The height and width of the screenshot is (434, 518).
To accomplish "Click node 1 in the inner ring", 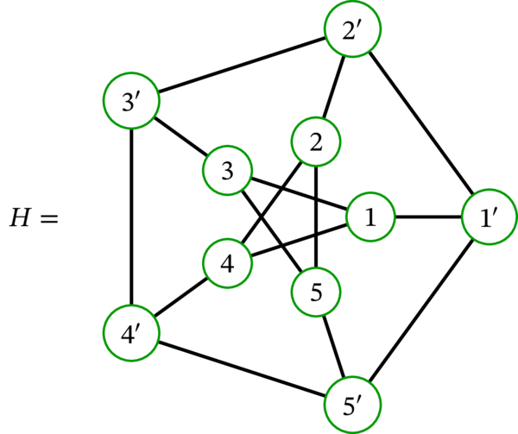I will [370, 217].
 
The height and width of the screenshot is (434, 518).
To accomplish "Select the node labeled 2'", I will [351, 32].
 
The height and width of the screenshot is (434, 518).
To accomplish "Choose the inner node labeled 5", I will [316, 293].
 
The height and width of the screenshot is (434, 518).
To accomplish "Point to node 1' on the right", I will [486, 218].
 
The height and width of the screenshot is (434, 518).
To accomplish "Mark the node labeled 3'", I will [129, 101].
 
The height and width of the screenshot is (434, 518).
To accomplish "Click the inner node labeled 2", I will [316, 141].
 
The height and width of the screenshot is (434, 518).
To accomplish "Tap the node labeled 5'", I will [351, 402].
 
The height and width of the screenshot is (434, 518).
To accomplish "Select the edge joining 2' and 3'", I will [239, 66].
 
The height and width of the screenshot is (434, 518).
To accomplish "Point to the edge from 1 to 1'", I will [428, 217].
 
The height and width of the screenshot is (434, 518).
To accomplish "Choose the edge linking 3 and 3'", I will [179, 136].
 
